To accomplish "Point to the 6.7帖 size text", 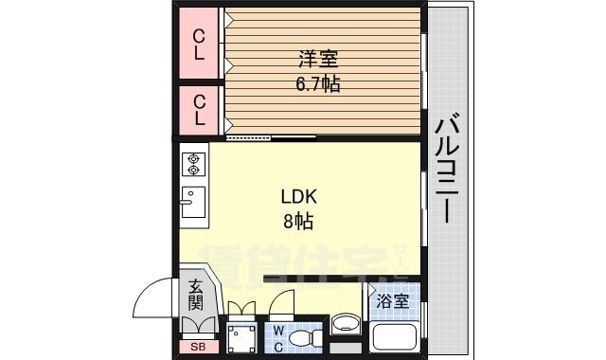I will point(315,84).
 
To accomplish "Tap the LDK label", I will point(297,198).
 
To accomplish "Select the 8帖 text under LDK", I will point(297,223).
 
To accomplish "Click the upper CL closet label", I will point(199,45).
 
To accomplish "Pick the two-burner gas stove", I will point(194,165).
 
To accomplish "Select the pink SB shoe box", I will point(197,347).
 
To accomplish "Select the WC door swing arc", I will point(282,304).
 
